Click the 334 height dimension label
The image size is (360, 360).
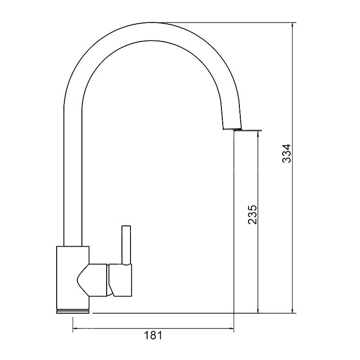[x=287, y=153]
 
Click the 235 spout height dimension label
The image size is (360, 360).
[x=252, y=215]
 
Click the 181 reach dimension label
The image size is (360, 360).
[x=153, y=335]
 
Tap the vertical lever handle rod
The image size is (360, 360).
[x=126, y=245]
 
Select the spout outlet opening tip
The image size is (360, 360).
[x=232, y=129]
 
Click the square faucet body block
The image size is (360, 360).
[x=73, y=278]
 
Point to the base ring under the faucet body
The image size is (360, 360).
[x=73, y=311]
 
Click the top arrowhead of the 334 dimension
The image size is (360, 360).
[x=292, y=25]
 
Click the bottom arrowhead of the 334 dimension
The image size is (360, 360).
[x=292, y=310]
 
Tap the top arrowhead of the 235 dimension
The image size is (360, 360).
[x=258, y=134]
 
